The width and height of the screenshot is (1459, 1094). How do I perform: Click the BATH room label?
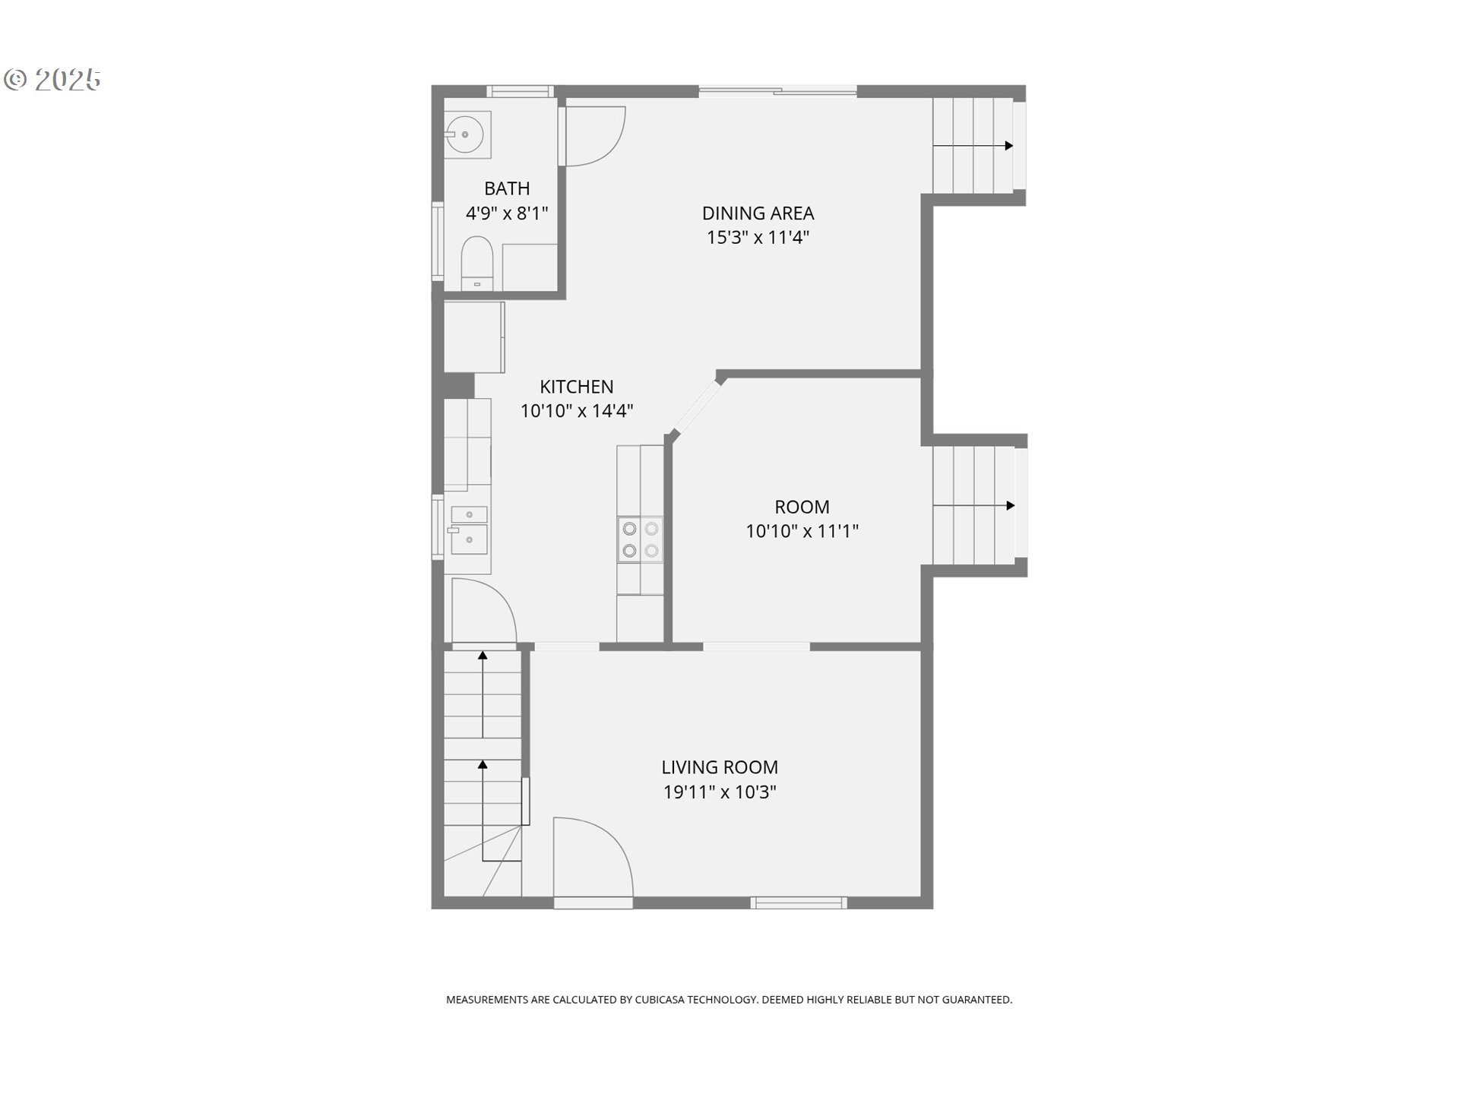pyautogui.click(x=507, y=188)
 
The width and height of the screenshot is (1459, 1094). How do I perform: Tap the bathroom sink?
pyautogui.click(x=466, y=134)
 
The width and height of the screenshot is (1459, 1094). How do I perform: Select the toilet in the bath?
pyautogui.click(x=477, y=262)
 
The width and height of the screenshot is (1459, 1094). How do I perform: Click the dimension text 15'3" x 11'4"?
pyautogui.click(x=758, y=238)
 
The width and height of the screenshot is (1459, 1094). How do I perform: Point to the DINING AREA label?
pyautogui.click(x=758, y=213)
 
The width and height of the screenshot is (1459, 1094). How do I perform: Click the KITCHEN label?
pyautogui.click(x=576, y=387)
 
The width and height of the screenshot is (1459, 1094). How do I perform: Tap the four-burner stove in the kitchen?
pyautogui.click(x=640, y=539)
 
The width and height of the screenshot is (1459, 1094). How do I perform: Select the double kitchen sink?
pyautogui.click(x=469, y=530)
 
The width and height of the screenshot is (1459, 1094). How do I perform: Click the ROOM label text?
pyautogui.click(x=802, y=507)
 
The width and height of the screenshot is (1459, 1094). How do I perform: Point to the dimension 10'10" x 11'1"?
pyautogui.click(x=802, y=531)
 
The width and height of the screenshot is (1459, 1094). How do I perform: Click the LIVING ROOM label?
pyautogui.click(x=720, y=767)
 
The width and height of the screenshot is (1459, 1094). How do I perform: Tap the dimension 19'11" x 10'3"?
pyautogui.click(x=720, y=792)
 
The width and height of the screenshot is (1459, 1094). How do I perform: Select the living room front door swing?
pyautogui.click(x=592, y=858)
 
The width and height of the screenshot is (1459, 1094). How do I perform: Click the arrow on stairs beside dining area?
pyautogui.click(x=1008, y=146)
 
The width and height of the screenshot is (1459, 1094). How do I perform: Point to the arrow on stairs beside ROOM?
pyautogui.click(x=1010, y=505)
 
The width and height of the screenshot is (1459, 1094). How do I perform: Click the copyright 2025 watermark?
pyautogui.click(x=53, y=80)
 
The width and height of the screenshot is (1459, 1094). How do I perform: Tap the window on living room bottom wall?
pyautogui.click(x=799, y=903)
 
